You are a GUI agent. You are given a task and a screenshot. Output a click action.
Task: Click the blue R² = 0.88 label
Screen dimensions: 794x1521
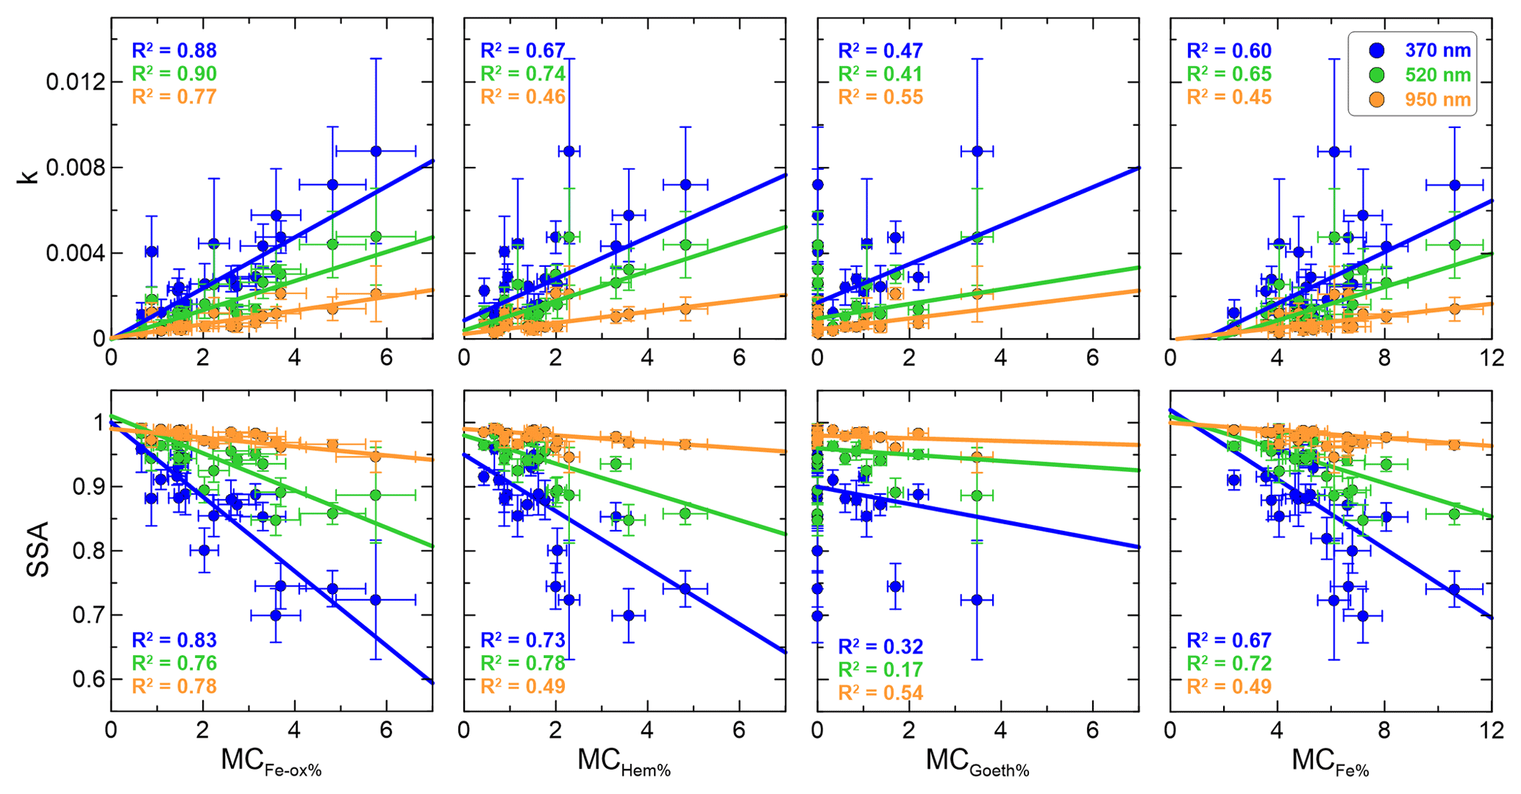pos(174,51)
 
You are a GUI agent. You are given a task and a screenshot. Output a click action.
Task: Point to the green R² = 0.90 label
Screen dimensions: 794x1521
pos(174,74)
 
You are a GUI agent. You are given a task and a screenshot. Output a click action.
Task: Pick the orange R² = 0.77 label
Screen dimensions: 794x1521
pos(174,97)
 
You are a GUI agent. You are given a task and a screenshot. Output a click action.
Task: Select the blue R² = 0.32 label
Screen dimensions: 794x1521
pos(880,647)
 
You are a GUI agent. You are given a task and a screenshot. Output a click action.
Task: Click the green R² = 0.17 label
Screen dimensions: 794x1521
pos(880,670)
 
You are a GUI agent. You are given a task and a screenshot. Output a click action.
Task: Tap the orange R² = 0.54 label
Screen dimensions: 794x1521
pos(880,693)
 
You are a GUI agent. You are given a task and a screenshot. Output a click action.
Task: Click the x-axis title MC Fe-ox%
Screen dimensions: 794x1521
pos(271,762)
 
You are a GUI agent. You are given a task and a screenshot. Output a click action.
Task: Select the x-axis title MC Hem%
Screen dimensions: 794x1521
pos(624,762)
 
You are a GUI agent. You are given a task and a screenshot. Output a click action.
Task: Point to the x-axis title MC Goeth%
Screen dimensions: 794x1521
pos(977,762)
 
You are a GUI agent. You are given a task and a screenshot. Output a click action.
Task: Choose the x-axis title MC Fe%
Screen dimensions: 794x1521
pos(1330,762)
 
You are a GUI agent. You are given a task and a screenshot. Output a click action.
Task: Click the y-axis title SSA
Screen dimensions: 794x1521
pos(38,549)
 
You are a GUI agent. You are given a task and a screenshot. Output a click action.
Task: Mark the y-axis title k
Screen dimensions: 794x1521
pos(29,175)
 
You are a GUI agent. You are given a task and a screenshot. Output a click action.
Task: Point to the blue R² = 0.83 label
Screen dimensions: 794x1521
pos(174,640)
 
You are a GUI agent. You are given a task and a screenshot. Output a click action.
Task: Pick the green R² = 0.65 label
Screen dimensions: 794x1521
pos(1229,74)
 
